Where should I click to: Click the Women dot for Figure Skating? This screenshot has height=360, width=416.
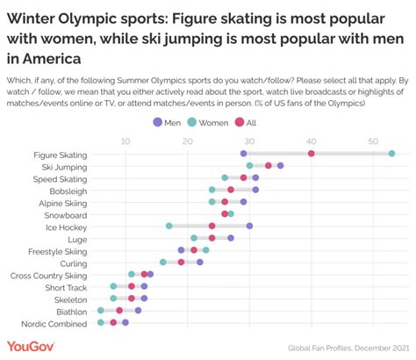[x=391, y=154]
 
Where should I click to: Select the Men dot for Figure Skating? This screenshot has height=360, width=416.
[x=243, y=154]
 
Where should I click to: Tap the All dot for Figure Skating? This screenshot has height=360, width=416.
[x=312, y=154]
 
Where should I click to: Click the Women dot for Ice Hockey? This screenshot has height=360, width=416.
[x=169, y=226]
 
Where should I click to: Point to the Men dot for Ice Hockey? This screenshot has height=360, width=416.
[x=249, y=226]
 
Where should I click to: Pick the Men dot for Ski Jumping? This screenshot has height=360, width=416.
[x=280, y=165]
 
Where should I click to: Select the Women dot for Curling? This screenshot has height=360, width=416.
[x=163, y=262]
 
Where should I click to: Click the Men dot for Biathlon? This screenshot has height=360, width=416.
[x=138, y=310]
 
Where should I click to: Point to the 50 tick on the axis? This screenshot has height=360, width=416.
[x=373, y=140]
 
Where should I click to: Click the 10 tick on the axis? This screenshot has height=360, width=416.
[x=126, y=140]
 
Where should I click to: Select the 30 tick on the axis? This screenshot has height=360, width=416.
[x=249, y=140]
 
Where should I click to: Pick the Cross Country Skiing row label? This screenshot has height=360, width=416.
[x=47, y=274]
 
